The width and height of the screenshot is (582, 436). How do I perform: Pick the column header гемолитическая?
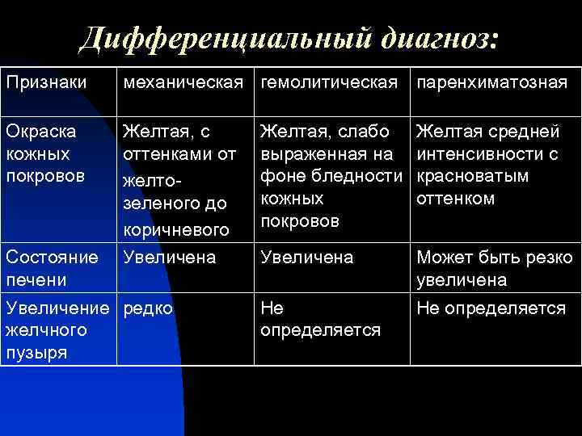330,83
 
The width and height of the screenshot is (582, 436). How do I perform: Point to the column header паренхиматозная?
491,83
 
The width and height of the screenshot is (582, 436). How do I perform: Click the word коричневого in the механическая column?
173,231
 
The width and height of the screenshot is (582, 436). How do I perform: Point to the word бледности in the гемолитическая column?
369,176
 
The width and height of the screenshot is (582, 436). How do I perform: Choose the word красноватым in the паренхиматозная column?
472,176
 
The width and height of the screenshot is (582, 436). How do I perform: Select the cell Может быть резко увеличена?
494,269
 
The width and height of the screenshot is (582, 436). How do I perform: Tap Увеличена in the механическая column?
168,258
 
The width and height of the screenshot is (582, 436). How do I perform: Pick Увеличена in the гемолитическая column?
306,258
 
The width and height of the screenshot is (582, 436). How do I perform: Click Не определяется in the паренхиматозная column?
491,308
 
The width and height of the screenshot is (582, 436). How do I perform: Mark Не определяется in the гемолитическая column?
319,319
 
